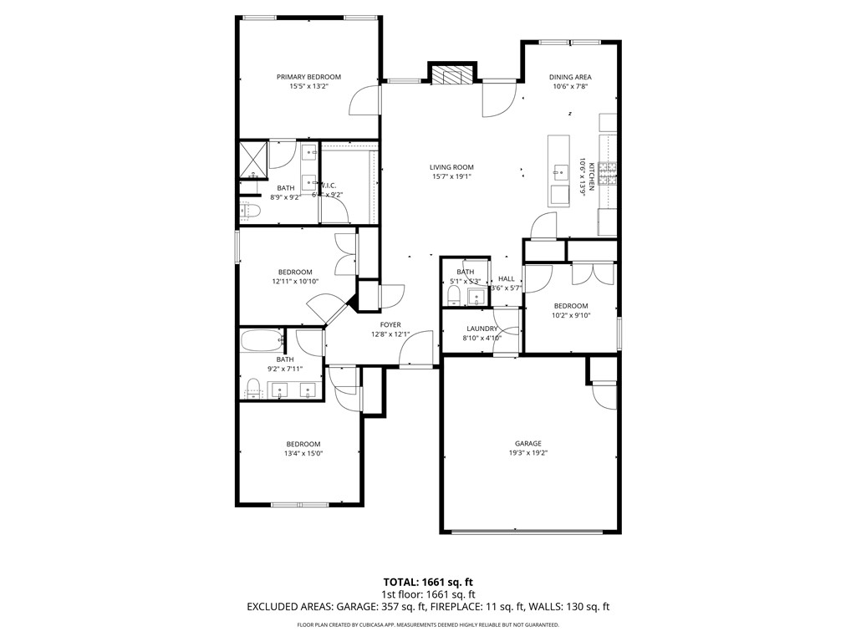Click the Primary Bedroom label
308,77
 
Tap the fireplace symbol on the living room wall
451,75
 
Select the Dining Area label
570,77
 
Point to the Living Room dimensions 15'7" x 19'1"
452,176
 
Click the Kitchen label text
591,176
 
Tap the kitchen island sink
558,174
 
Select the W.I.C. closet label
327,186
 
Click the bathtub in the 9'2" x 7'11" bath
261,341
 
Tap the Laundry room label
482,329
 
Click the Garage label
527,444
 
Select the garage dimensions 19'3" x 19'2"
527,453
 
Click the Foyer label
390,324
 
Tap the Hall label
507,278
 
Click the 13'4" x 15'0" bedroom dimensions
303,453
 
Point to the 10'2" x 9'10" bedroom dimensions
570,315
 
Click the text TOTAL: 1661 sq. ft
428,582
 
